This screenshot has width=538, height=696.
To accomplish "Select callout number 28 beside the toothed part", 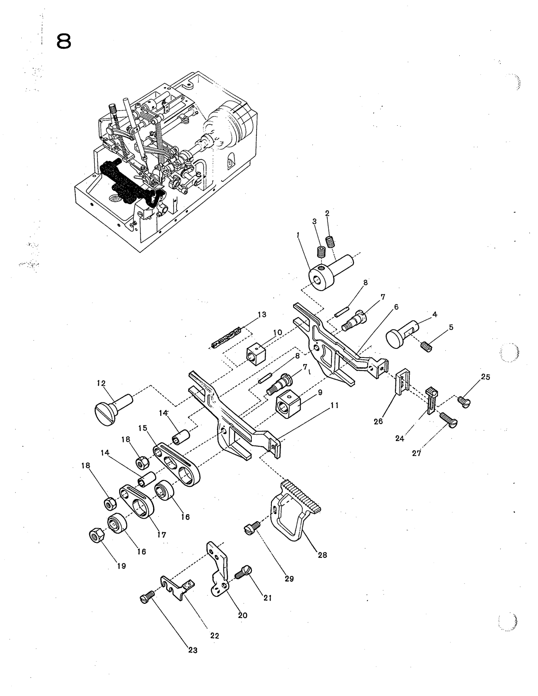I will [x=322, y=555].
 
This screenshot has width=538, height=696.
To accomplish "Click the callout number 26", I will [x=378, y=421].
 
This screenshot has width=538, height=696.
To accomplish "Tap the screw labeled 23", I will [x=147, y=597].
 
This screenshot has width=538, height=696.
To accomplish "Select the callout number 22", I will [x=214, y=636].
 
